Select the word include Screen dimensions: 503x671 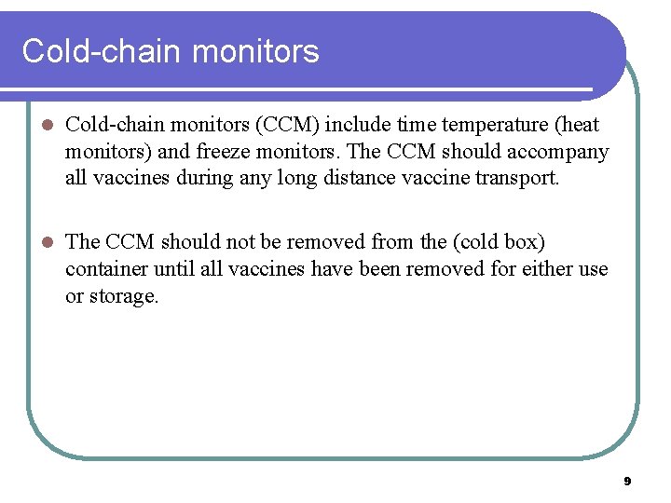click(362, 125)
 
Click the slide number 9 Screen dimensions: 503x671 click(627, 482)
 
